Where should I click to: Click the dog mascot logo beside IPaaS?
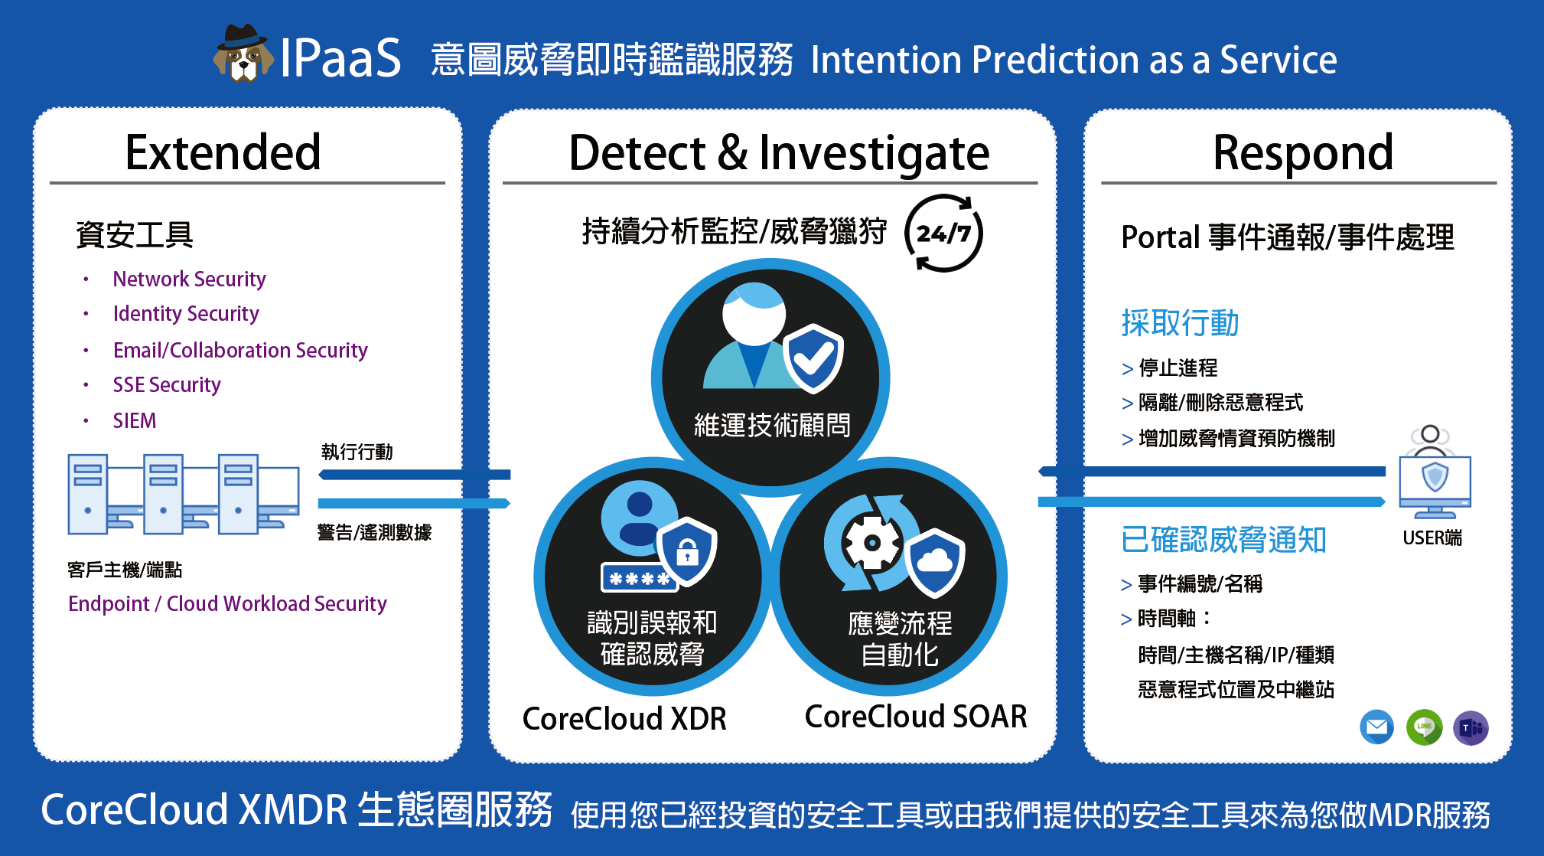tap(243, 53)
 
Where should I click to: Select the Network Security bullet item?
tap(189, 279)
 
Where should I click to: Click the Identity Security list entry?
tap(186, 313)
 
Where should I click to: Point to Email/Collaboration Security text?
tap(240, 350)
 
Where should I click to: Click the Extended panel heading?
tap(223, 152)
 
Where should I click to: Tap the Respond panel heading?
tap(1303, 153)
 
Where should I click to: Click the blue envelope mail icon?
tap(1376, 727)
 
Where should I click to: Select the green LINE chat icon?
tap(1424, 727)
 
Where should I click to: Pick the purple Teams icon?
tap(1471, 727)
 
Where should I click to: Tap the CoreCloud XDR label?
tap(624, 718)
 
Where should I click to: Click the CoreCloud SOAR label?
tap(916, 717)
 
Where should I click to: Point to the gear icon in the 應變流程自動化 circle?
tap(871, 543)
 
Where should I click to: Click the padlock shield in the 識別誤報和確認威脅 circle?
tap(687, 551)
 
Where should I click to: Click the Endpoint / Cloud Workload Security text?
tap(227, 603)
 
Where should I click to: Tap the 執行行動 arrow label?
tap(357, 452)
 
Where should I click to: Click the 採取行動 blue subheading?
tap(1180, 323)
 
